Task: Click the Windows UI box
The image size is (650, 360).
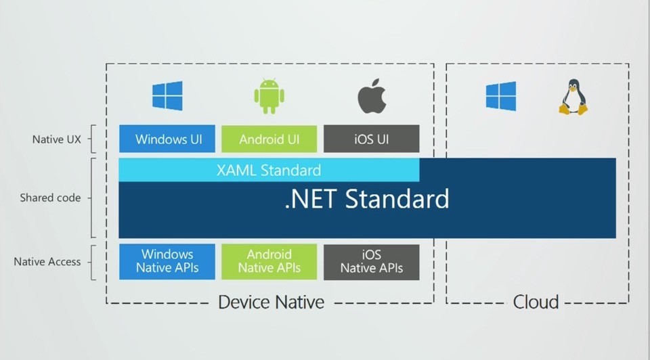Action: (167, 139)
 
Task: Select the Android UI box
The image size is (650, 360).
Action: (269, 139)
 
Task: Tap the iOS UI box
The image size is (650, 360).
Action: (372, 139)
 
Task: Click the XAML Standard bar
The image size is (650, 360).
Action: (269, 170)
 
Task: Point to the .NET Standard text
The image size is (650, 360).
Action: (367, 198)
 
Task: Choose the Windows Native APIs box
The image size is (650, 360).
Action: (167, 262)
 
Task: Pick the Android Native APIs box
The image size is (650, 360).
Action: (269, 262)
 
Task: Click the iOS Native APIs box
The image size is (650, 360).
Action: (372, 262)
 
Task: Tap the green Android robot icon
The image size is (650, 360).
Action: (269, 96)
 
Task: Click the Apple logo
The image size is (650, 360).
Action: (372, 96)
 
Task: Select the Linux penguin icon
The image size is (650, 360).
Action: (573, 97)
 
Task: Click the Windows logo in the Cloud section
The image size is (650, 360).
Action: (501, 96)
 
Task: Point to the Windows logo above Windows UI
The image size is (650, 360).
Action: (167, 95)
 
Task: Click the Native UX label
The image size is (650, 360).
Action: (57, 139)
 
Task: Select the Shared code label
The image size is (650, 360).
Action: (50, 198)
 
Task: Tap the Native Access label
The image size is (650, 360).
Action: (47, 262)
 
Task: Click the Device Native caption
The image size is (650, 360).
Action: (271, 302)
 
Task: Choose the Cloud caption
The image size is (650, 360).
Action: (536, 302)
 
